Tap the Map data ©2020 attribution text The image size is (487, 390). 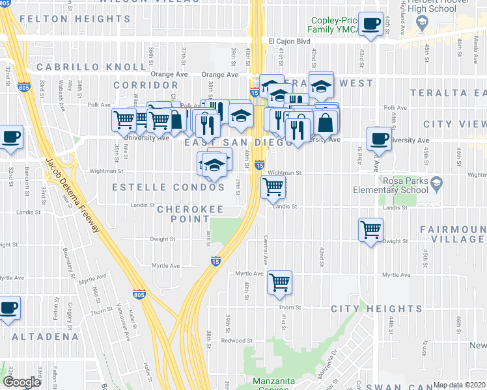(460, 385)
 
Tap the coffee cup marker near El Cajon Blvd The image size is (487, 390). (371, 25)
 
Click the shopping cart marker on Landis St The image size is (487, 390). (273, 187)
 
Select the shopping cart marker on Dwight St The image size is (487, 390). (370, 229)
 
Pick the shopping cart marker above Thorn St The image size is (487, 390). (279, 282)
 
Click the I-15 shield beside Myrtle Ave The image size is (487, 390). (216, 261)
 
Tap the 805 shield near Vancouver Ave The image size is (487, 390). (139, 294)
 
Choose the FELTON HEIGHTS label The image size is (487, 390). (66, 19)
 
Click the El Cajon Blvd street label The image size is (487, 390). (290, 41)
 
